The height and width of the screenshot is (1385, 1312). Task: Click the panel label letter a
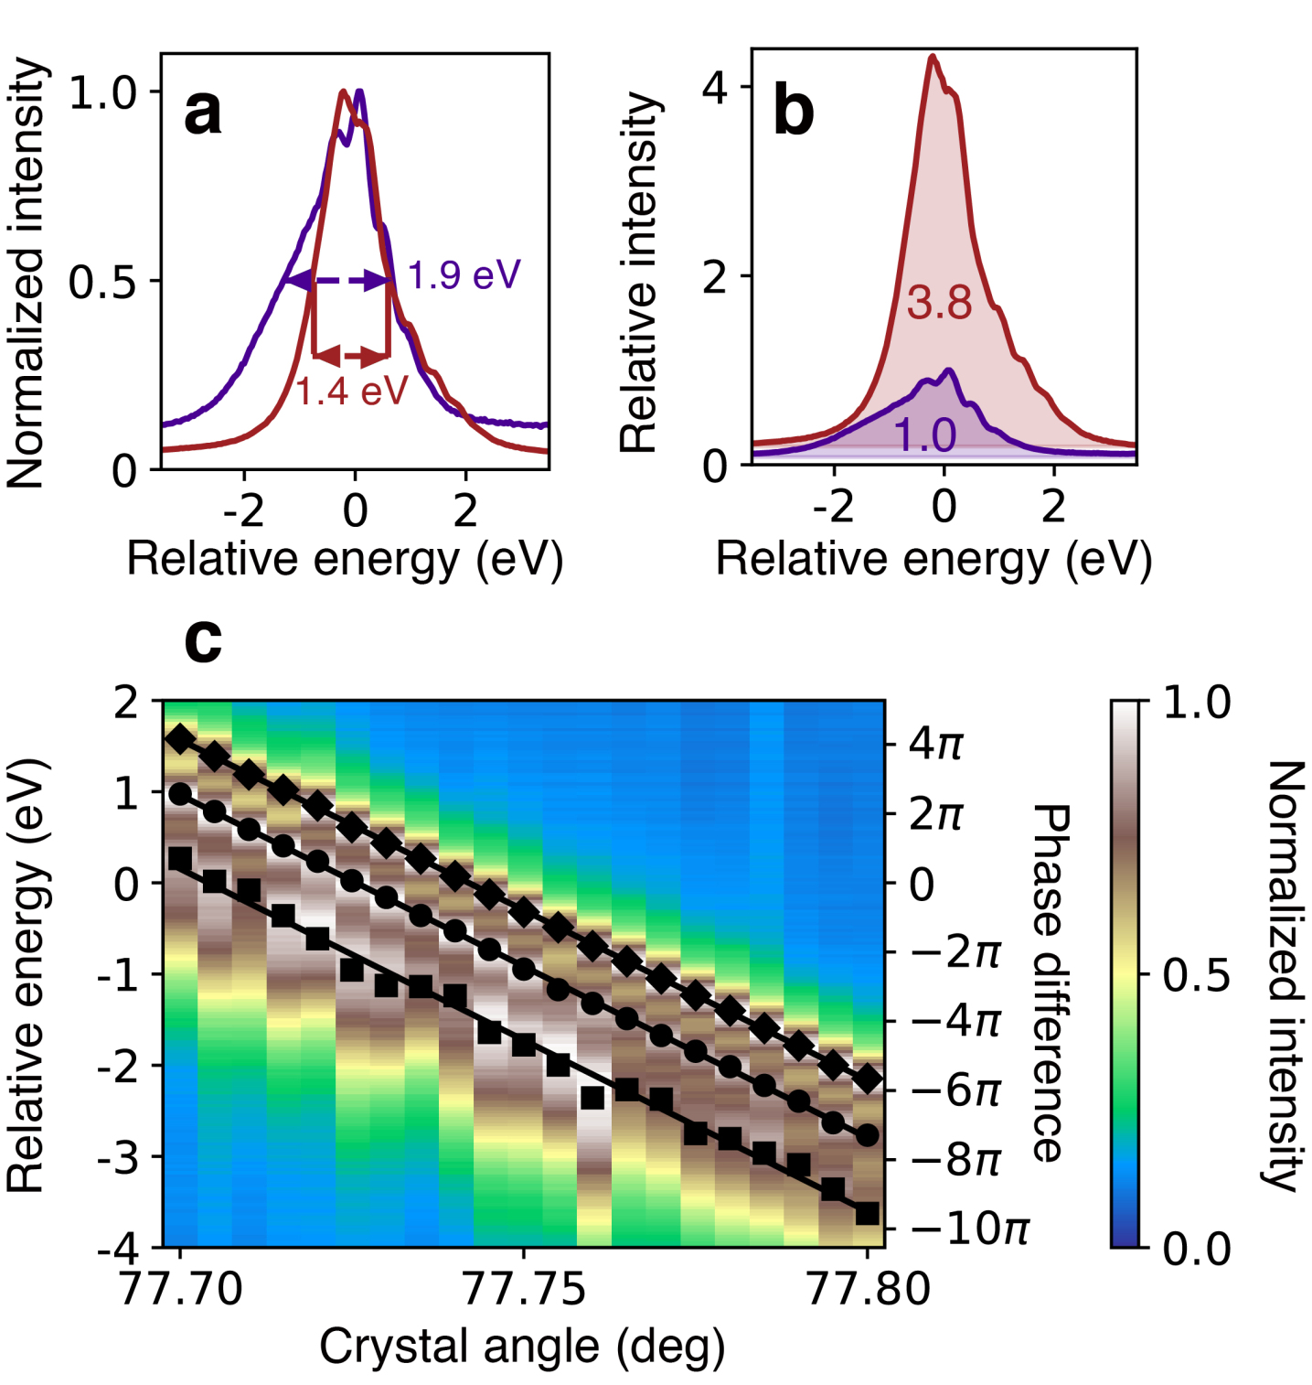pyautogui.click(x=203, y=113)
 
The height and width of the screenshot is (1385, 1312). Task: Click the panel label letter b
pyautogui.click(x=793, y=112)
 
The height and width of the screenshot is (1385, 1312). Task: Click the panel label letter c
pyautogui.click(x=202, y=639)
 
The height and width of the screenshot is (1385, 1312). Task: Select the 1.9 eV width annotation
pyautogui.click(x=464, y=274)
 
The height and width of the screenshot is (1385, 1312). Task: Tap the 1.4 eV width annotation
pyautogui.click(x=351, y=392)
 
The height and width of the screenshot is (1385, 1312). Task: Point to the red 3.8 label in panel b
pyautogui.click(x=939, y=303)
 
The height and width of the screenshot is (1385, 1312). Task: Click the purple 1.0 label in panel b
pyautogui.click(x=925, y=436)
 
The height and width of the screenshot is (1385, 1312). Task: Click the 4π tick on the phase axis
pyautogui.click(x=935, y=744)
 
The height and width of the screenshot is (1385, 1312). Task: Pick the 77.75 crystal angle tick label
pyautogui.click(x=524, y=1289)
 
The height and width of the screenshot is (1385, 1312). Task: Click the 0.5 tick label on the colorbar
pyautogui.click(x=1196, y=976)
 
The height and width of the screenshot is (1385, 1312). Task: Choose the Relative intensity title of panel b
pyautogui.click(x=639, y=272)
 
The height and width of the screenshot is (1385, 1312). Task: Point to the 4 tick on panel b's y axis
pyautogui.click(x=714, y=89)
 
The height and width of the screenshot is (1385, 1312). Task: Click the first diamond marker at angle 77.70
pyautogui.click(x=181, y=738)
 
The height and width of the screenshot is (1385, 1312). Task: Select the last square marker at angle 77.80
pyautogui.click(x=867, y=1213)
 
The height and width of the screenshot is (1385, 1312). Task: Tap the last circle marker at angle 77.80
pyautogui.click(x=868, y=1135)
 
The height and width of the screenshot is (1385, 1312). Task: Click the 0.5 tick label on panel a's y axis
pyautogui.click(x=102, y=282)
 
